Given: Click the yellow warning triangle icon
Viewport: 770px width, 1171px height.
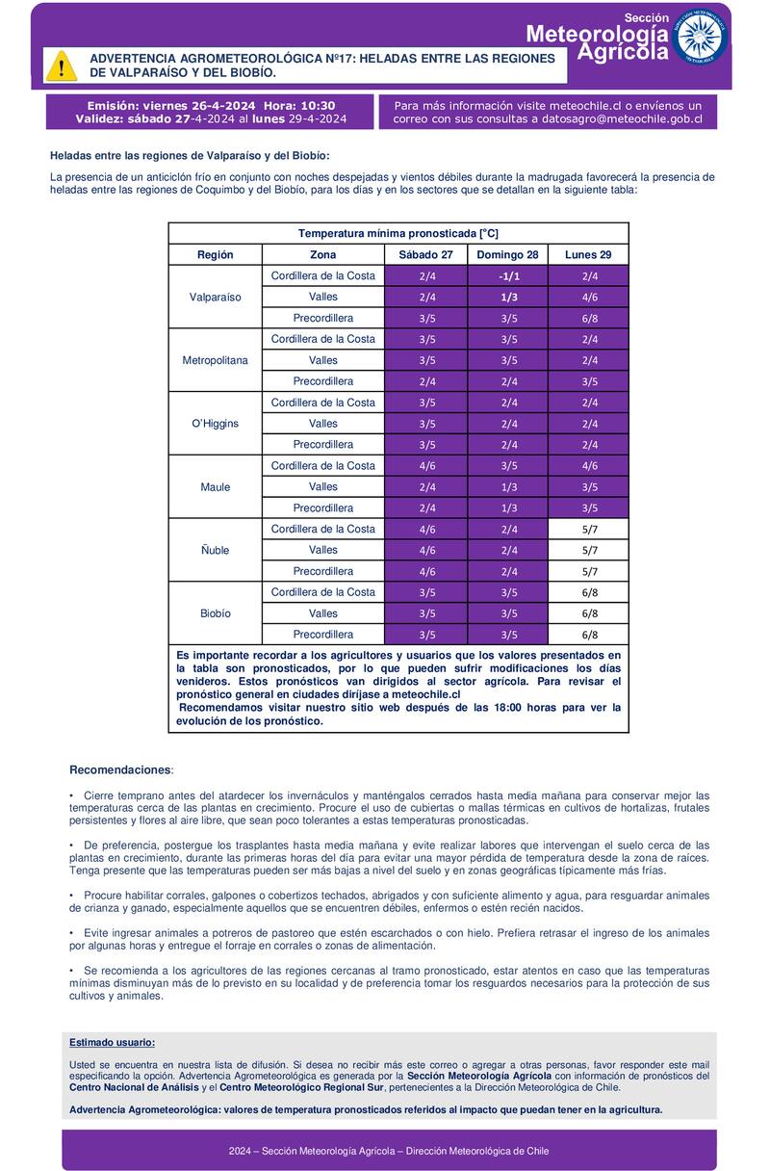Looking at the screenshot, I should click(x=62, y=65).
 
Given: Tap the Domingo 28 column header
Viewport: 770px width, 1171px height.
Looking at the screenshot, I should click(x=507, y=255).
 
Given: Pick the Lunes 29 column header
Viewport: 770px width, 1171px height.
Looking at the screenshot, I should click(x=589, y=255).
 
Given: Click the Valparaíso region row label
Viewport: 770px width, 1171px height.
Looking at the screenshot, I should click(x=216, y=297).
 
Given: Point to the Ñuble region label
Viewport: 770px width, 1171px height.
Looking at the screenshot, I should click(x=216, y=550).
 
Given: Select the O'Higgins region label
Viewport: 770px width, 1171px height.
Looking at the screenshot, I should click(x=216, y=424).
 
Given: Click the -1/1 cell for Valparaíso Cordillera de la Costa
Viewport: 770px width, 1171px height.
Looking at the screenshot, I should click(x=508, y=276).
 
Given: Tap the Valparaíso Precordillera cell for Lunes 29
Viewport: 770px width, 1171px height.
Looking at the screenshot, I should click(x=589, y=318).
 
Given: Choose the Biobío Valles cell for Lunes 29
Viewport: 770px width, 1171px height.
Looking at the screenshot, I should click(x=589, y=613).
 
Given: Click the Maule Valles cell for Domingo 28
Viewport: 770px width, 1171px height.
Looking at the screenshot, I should click(x=508, y=487).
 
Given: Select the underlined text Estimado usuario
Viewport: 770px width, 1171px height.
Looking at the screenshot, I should click(x=112, y=1043).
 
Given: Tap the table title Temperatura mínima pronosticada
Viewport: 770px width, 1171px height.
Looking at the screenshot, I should click(x=398, y=234).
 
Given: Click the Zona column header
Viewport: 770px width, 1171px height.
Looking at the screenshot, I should click(x=323, y=255).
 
